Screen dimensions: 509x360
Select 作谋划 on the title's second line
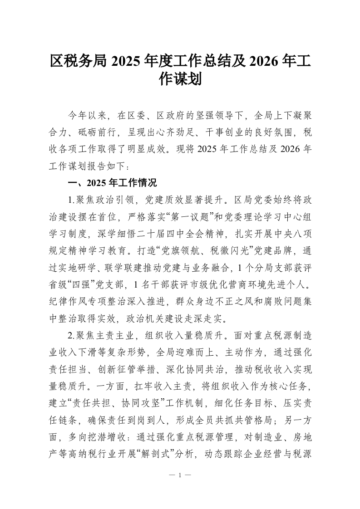click(x=180, y=80)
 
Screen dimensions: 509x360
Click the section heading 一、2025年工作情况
click(x=112, y=183)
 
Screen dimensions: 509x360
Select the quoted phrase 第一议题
click(x=167, y=213)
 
